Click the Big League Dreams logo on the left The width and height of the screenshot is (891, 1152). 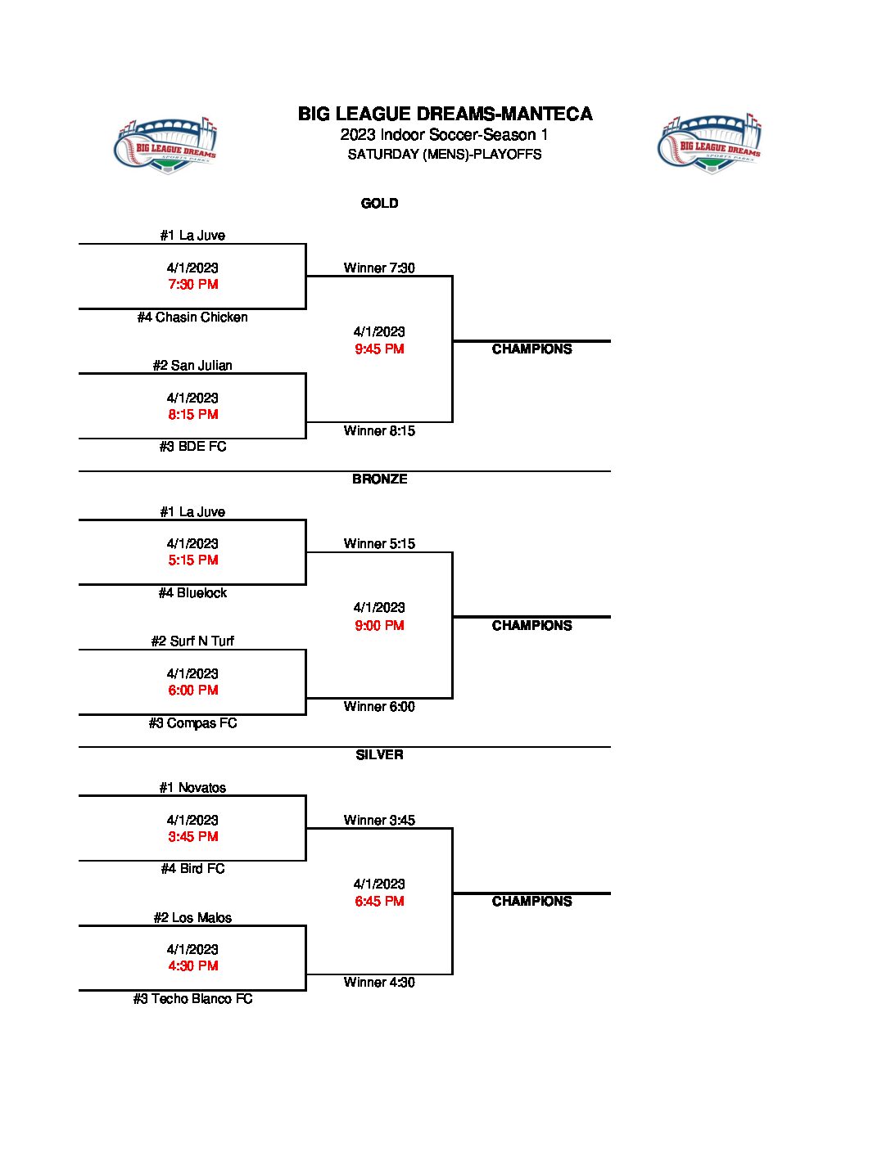[165, 145]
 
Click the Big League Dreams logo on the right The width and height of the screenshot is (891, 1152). [709, 143]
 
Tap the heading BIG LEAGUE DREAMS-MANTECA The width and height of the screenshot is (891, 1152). [445, 115]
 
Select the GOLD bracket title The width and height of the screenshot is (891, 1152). [379, 204]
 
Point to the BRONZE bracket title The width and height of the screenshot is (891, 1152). [379, 479]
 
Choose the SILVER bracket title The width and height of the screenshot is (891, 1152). [379, 755]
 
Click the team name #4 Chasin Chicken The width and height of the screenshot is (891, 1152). [192, 317]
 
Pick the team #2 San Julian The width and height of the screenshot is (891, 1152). [192, 366]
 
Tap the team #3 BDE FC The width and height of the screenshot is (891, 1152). [192, 447]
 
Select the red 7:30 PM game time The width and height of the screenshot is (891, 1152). [193, 285]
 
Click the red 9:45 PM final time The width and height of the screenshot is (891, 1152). [379, 349]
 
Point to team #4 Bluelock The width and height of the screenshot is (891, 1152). [192, 593]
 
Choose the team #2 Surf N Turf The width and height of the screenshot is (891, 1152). [192, 641]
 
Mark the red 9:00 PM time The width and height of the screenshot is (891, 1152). [379, 626]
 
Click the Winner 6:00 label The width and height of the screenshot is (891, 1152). [379, 707]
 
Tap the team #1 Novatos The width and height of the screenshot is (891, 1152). [192, 788]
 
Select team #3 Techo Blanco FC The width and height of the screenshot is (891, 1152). [192, 999]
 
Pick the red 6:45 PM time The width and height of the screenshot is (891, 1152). [379, 902]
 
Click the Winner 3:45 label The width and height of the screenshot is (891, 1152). [379, 821]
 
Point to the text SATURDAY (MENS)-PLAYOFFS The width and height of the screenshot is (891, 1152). [445, 155]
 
